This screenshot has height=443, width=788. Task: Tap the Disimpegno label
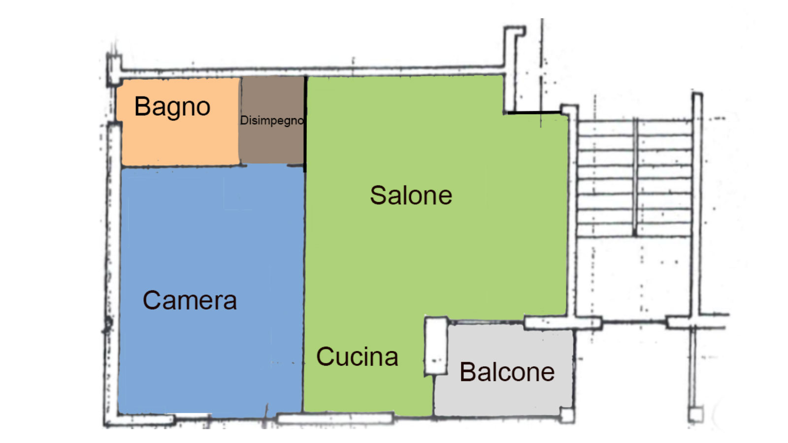(x=272, y=121)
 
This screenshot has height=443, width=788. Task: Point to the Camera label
(x=190, y=300)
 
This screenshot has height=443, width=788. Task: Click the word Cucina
(x=357, y=356)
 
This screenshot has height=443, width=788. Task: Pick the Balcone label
(x=507, y=372)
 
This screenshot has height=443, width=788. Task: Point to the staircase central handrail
(x=635, y=177)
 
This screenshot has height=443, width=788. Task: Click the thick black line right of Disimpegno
(x=305, y=124)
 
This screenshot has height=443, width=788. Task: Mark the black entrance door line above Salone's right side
(x=534, y=113)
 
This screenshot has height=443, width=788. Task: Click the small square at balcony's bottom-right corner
(x=567, y=415)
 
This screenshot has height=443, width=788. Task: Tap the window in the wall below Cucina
(x=335, y=418)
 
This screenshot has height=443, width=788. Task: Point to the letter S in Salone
(x=379, y=195)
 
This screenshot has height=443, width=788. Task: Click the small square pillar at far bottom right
(x=695, y=414)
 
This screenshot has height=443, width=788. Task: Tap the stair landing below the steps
(x=635, y=276)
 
